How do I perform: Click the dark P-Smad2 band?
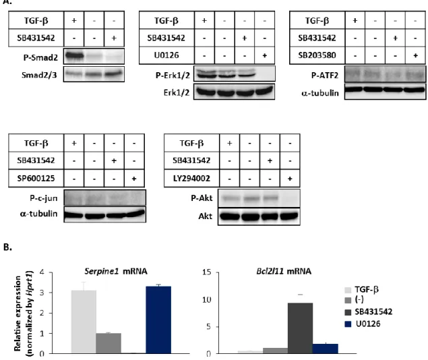point(74,56)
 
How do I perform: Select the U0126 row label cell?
point(166,55)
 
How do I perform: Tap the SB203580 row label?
point(317,55)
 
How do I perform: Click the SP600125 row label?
point(36,178)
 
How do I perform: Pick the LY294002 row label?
point(191,178)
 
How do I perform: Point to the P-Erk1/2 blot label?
point(173,75)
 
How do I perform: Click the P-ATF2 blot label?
point(325,75)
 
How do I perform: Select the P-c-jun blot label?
point(44,198)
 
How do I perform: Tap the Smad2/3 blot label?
point(39,75)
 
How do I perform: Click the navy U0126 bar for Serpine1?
point(158,320)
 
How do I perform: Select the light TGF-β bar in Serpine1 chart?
point(84,322)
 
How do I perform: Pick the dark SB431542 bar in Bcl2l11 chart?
point(300,328)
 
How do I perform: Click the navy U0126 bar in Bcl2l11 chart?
point(326,349)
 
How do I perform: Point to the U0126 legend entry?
point(363,324)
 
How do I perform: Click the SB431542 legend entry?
point(369,311)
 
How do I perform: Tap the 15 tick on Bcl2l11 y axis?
point(207,272)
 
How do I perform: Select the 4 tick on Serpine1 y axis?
point(42,272)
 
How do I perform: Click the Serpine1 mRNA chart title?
point(116,271)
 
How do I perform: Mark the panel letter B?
point(7,247)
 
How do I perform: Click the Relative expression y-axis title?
point(18,313)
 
